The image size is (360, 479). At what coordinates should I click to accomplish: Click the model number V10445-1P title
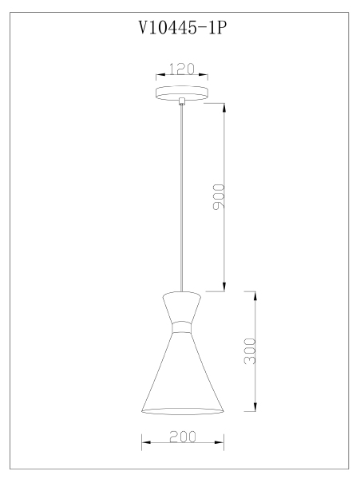click(x=183, y=28)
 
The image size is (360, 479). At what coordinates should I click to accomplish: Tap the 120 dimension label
click(x=182, y=69)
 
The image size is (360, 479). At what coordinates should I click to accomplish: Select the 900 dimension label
click(x=219, y=196)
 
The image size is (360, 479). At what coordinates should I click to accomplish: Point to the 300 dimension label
click(x=250, y=351)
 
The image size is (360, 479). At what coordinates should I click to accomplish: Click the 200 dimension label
click(x=183, y=437)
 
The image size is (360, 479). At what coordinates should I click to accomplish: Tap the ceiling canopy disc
click(x=182, y=93)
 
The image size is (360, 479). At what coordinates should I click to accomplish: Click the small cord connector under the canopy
click(x=182, y=101)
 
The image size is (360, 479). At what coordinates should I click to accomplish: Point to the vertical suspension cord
click(x=182, y=198)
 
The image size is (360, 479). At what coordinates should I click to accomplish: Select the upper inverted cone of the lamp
click(x=182, y=307)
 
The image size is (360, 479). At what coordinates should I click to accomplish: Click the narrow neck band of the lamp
click(x=182, y=327)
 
